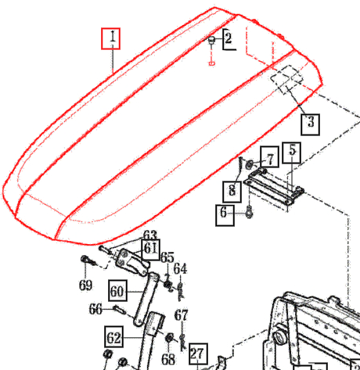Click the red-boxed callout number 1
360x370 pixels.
pyautogui.click(x=113, y=38)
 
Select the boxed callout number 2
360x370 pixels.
pyautogui.click(x=228, y=38)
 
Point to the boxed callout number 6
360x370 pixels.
pyautogui.click(x=225, y=213)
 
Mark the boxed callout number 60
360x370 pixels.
pyautogui.click(x=117, y=291)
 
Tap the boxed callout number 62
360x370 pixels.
pyautogui.click(x=114, y=339)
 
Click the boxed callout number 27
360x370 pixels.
pyautogui.click(x=196, y=353)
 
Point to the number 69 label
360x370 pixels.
pyautogui.click(x=85, y=285)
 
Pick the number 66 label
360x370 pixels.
pyautogui.click(x=95, y=310)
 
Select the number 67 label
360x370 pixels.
pyautogui.click(x=181, y=315)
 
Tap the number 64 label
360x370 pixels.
pyautogui.click(x=181, y=269)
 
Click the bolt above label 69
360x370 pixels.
pyautogui.click(x=85, y=260)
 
